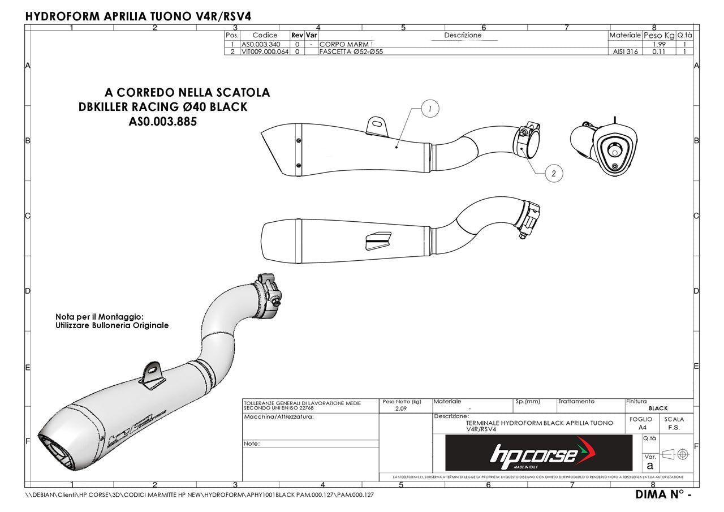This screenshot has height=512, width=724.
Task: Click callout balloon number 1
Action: coord(430,109)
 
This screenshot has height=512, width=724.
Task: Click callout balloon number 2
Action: coord(553,174)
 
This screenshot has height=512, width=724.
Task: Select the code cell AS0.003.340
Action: coord(261,44)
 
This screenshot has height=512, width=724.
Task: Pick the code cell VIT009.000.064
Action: coord(265,51)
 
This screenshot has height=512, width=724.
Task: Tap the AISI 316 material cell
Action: coord(624,51)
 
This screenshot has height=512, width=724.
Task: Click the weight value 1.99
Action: coord(658,44)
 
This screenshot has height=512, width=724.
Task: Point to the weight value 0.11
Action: coord(658,51)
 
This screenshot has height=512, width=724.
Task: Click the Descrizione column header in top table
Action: coord(463,35)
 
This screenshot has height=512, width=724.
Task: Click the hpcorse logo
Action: coord(538,453)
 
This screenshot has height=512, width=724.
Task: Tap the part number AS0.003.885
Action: coord(163,122)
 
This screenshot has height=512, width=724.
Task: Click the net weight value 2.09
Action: coord(401,408)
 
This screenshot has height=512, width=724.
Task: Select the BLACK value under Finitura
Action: coord(658,408)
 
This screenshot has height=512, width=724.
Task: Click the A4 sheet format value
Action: coord(642,428)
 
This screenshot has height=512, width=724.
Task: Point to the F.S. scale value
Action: coord(674,428)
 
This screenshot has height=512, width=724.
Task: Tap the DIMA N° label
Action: coord(663,494)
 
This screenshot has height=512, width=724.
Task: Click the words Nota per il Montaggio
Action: coord(100,317)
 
